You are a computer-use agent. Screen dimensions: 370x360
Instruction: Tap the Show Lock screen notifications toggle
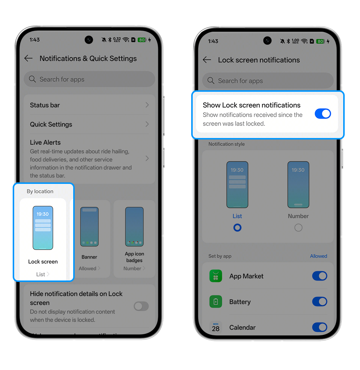(x=323, y=114)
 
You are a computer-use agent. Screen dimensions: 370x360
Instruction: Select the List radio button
(x=237, y=227)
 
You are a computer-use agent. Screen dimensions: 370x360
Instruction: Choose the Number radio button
(x=298, y=227)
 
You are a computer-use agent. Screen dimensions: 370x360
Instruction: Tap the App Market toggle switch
(x=319, y=276)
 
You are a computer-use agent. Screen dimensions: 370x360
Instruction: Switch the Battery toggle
(x=319, y=302)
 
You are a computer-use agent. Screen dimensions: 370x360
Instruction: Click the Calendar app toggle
(x=319, y=327)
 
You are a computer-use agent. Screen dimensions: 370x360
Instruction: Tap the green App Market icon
(x=216, y=276)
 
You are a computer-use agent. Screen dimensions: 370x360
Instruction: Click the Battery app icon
(x=216, y=302)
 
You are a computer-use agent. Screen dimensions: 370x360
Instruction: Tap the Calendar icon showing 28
(x=216, y=327)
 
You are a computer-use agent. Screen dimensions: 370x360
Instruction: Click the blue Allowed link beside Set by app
(x=319, y=256)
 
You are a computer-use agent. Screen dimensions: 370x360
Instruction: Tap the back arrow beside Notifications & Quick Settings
(x=28, y=58)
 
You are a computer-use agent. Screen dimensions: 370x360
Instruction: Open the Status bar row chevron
(x=147, y=105)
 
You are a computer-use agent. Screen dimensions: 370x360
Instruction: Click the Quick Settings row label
(x=51, y=125)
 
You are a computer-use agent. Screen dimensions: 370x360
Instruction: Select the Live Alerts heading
(x=45, y=142)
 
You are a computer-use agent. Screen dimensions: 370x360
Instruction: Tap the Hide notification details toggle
(x=141, y=306)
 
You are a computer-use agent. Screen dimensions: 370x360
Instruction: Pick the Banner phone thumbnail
(x=89, y=227)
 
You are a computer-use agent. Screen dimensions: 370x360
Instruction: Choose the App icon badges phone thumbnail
(x=134, y=227)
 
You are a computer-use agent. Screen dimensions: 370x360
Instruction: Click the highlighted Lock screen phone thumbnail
(x=43, y=228)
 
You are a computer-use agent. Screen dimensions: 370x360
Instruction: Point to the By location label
(x=40, y=191)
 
